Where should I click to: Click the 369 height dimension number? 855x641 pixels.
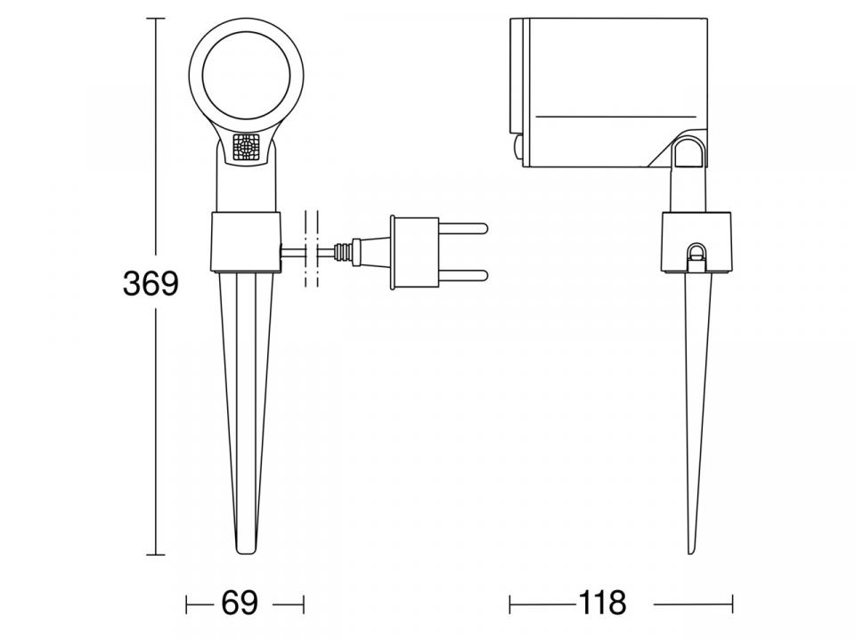point(151,283)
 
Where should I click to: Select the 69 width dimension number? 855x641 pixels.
point(240,604)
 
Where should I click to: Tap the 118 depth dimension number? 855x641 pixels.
point(602,604)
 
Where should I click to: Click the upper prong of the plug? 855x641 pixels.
point(462,227)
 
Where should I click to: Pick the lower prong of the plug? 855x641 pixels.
point(462,276)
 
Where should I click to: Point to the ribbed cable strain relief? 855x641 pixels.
point(343,252)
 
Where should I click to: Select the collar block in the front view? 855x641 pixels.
point(246,241)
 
